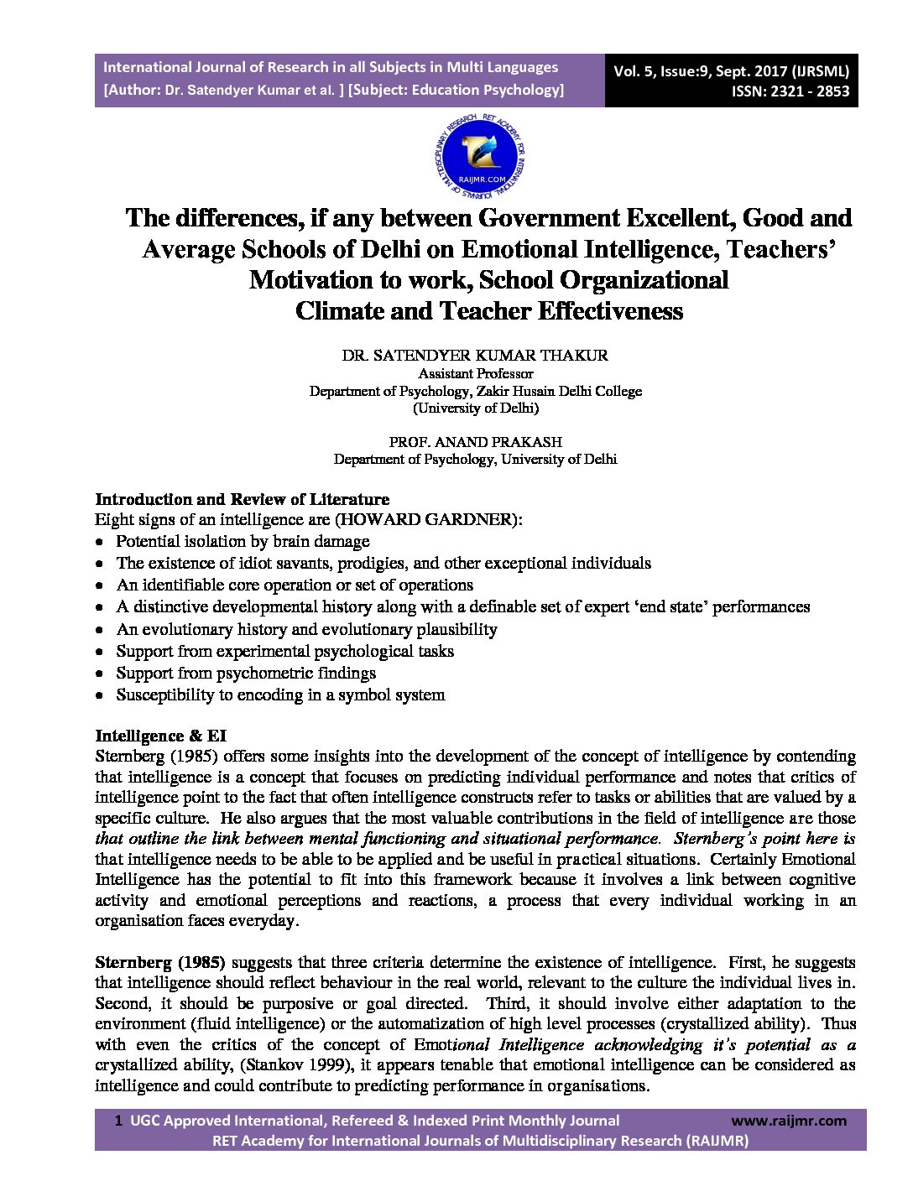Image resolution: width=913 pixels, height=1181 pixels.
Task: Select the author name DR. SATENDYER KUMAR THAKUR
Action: click(x=475, y=356)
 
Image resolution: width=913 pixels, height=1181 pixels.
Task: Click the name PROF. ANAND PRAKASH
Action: click(x=475, y=442)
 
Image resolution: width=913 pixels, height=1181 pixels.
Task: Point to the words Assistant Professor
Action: click(x=475, y=373)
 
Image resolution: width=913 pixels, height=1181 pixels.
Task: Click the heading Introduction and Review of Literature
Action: click(x=242, y=500)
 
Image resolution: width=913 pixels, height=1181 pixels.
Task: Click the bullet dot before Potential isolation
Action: click(x=101, y=543)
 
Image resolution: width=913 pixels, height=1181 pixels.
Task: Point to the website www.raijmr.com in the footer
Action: click(x=789, y=1121)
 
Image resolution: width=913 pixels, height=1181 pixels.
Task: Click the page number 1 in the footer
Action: click(x=118, y=1121)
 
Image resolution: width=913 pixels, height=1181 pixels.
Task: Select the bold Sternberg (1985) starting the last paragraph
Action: click(x=160, y=962)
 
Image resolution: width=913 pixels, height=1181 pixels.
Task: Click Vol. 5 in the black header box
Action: click(x=635, y=71)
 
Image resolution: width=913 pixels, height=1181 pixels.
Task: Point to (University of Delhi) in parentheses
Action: click(x=475, y=408)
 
